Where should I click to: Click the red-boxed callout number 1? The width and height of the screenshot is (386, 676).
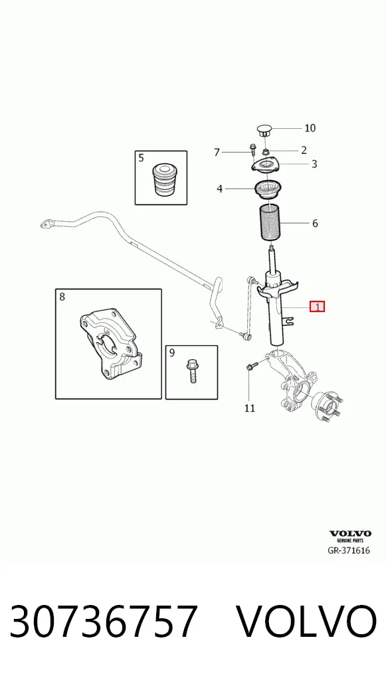click(x=318, y=307)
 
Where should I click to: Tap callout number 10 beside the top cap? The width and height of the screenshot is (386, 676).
click(x=310, y=128)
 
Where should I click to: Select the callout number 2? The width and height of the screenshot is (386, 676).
click(x=304, y=150)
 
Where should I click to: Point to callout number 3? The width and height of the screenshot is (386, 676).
click(x=314, y=164)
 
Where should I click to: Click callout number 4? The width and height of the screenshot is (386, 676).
click(x=219, y=189)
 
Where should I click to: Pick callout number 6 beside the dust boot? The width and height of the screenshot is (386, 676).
click(x=315, y=223)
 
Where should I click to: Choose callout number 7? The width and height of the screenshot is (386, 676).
click(x=217, y=152)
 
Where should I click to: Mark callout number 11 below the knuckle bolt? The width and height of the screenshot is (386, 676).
click(x=250, y=408)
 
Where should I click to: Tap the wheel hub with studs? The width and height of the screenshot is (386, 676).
click(x=328, y=406)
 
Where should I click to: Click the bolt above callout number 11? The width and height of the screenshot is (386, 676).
click(x=251, y=367)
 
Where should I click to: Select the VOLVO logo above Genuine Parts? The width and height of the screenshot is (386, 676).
click(x=350, y=534)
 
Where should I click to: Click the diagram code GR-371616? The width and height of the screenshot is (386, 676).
click(x=349, y=550)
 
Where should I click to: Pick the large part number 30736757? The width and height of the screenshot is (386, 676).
click(x=104, y=622)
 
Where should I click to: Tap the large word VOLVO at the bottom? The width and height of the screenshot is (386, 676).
click(x=306, y=622)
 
